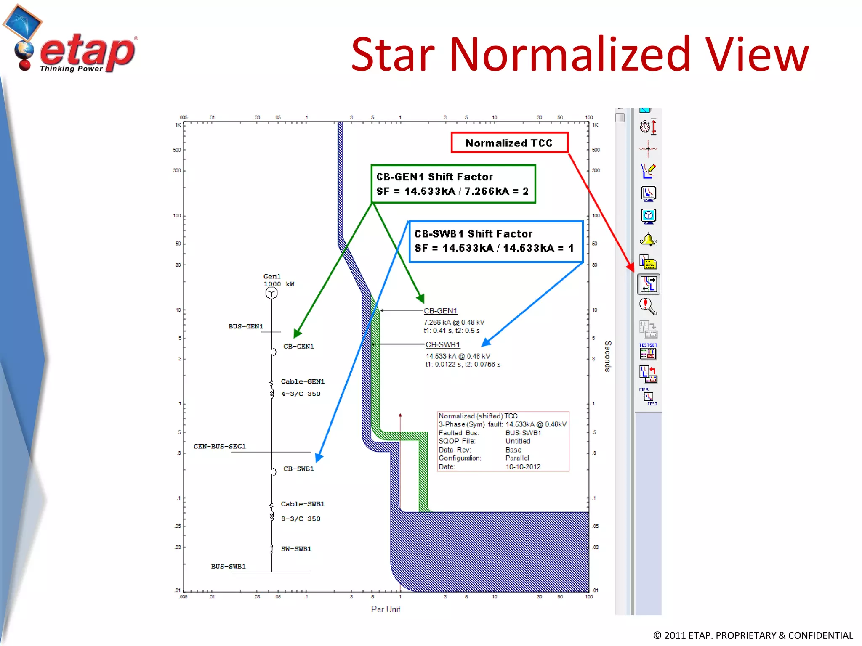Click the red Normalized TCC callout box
pyautogui.click(x=509, y=143)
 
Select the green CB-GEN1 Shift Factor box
pyautogui.click(x=453, y=184)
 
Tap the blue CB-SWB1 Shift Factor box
pyautogui.click(x=495, y=241)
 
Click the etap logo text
pyautogui.click(x=87, y=51)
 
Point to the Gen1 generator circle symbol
pyautogui.click(x=271, y=293)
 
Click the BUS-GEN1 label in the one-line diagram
pyautogui.click(x=246, y=326)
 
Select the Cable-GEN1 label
pyautogui.click(x=303, y=381)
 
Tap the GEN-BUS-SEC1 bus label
pyautogui.click(x=219, y=446)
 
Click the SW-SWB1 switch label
pyautogui.click(x=296, y=549)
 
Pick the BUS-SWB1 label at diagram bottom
pyautogui.click(x=228, y=567)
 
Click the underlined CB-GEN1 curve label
pyautogui.click(x=440, y=311)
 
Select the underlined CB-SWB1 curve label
pyautogui.click(x=443, y=344)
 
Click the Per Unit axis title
pyautogui.click(x=386, y=609)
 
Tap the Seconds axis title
pyautogui.click(x=608, y=356)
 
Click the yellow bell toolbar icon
pyautogui.click(x=648, y=239)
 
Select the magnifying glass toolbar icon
pyautogui.click(x=648, y=307)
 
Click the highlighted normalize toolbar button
pyautogui.click(x=648, y=284)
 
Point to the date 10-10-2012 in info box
pyautogui.click(x=523, y=467)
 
